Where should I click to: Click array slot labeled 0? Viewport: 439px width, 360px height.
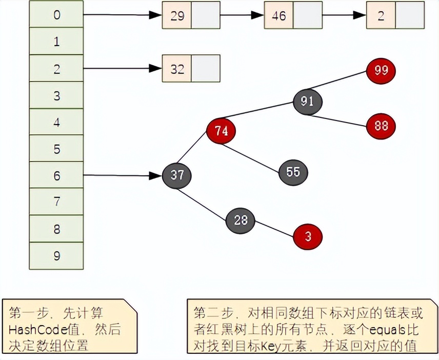tap(56, 15)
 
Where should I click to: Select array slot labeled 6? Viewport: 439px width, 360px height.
tap(56, 175)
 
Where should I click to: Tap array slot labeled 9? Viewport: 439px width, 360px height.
tap(56, 255)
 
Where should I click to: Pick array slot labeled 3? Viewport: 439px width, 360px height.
tap(56, 95)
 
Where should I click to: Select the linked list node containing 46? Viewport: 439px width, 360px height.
tap(293, 15)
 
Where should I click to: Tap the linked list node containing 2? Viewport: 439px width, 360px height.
tap(395, 15)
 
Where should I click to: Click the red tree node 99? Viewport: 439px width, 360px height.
tap(381, 71)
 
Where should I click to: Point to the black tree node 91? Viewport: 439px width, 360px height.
tap(308, 101)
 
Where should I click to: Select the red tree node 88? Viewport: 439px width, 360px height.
tap(381, 126)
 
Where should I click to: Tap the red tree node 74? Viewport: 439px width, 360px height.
tap(221, 131)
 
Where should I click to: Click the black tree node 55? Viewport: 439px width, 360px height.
tap(293, 171)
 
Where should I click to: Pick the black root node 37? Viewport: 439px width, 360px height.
tap(177, 175)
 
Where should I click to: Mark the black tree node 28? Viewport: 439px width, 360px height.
tap(241, 221)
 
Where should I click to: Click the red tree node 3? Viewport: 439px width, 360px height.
tap(308, 237)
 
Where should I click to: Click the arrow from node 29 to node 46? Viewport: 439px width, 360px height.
tap(242, 15)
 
